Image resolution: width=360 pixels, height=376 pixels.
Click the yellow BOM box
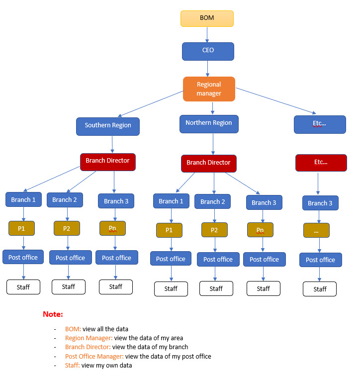coord(206,18)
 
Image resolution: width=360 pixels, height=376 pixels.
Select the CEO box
coord(207,51)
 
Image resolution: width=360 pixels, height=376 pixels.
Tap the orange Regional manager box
coord(209,89)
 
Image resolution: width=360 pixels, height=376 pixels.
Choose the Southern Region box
coord(108,126)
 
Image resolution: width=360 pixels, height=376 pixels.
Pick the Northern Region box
coord(209,123)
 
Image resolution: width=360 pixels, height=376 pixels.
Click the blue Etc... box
coord(320,124)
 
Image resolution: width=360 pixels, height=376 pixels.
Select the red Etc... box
coord(321,163)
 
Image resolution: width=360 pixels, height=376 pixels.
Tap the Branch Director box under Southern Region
coord(107,161)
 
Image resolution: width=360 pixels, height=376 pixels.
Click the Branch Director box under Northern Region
coord(208,163)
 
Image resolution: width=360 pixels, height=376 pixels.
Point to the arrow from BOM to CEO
coord(207,34)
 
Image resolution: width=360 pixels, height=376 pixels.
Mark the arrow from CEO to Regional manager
coord(208,68)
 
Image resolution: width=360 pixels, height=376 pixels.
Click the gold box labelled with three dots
coord(316,230)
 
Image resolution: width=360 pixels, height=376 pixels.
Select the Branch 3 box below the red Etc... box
coord(320,203)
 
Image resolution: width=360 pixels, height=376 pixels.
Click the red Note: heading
coord(53,315)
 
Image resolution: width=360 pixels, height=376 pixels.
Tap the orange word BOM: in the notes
coord(73,329)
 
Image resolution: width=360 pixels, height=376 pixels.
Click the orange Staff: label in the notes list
coord(73,365)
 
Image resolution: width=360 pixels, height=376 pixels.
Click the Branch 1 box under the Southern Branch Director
coord(23,200)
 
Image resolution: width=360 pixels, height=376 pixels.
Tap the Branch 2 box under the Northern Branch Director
coord(212,202)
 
